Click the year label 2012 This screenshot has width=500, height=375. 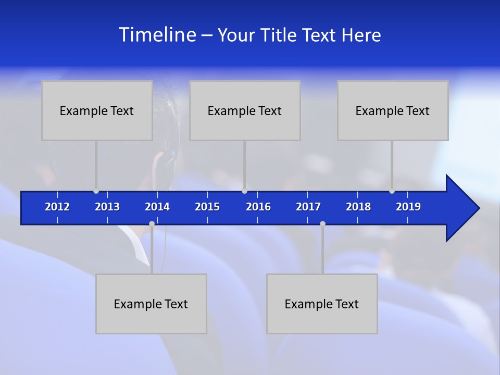click(57, 207)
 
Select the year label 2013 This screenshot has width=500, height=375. click(107, 207)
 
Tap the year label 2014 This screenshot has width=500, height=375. click(157, 207)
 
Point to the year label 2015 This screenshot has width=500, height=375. click(207, 207)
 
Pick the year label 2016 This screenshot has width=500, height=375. click(258, 207)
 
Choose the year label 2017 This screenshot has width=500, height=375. click(308, 207)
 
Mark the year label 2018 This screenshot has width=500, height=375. click(358, 207)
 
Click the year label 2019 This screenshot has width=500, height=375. click(408, 207)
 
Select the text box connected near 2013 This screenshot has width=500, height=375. click(97, 110)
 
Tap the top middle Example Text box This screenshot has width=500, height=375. click(245, 110)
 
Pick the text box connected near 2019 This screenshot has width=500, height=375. click(393, 110)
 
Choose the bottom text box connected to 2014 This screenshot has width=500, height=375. click(151, 304)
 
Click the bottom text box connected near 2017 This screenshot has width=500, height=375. click(322, 304)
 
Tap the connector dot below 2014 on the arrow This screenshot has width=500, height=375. click(152, 223)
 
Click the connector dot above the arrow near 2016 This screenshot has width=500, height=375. click(244, 191)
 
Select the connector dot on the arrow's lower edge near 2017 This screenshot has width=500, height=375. click(322, 223)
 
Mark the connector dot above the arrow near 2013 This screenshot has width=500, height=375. click(96, 191)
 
